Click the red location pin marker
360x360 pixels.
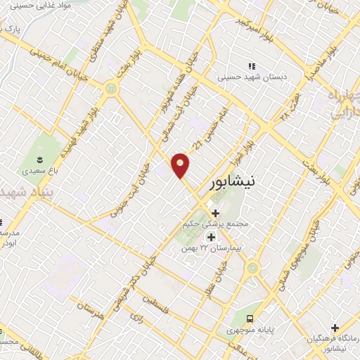181,165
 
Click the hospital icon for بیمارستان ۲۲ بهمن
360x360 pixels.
211,238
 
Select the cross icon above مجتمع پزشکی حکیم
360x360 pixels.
215,213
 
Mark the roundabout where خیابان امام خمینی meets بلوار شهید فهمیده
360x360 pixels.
110,89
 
